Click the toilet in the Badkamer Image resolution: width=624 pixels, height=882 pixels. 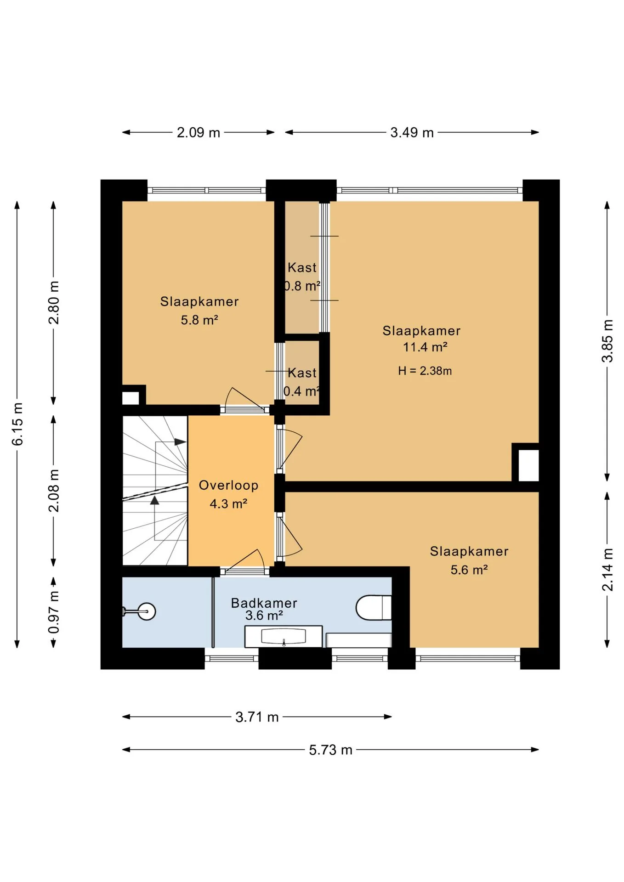coord(374,607)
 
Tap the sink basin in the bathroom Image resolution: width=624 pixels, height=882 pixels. coord(284,636)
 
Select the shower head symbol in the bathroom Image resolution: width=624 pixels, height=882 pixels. coord(147,611)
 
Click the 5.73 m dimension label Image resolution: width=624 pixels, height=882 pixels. coord(330,750)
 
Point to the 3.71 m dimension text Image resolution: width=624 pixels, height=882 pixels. coord(257,717)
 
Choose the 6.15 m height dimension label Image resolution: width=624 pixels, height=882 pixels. coord(17,424)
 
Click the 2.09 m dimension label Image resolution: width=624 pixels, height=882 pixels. coord(199,132)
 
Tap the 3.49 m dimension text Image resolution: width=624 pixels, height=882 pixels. coord(412,132)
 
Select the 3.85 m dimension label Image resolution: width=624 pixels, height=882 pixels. coord(607,341)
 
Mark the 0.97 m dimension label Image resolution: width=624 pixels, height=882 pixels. coord(54,612)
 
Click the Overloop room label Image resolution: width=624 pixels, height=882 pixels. coord(228,485)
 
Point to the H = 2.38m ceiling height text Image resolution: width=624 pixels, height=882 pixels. coord(425,371)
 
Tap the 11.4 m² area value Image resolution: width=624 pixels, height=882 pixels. coord(425,347)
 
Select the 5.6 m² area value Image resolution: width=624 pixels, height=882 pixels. coord(469,570)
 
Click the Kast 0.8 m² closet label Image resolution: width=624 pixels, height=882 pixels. coord(302,277)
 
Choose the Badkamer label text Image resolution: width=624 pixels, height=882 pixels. coord(264,603)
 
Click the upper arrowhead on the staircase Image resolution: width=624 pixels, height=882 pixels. coord(180,442)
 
